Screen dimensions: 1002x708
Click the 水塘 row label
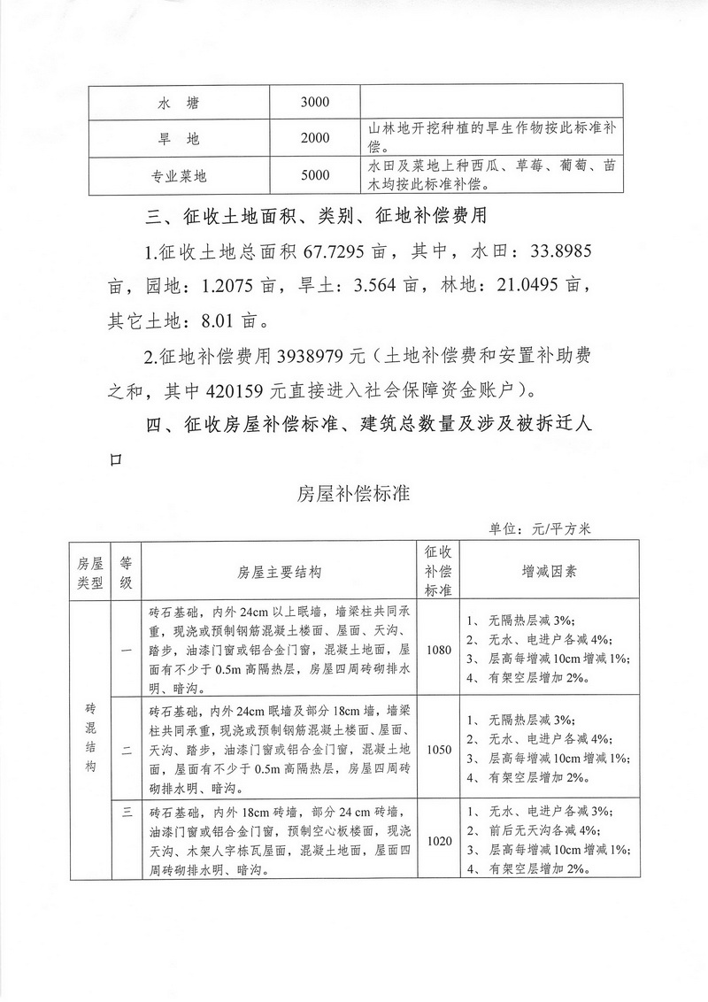[180, 103]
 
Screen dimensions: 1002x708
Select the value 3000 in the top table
[314, 103]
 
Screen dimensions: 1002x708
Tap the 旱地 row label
[180, 138]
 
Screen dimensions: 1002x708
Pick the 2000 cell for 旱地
[314, 138]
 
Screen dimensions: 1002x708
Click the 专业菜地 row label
[180, 176]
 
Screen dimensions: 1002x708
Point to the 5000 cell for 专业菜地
[314, 176]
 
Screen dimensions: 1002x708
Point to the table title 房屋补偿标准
[353, 494]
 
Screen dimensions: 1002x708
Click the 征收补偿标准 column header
[439, 571]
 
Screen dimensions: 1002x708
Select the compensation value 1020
[438, 840]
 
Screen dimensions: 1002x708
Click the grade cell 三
[126, 811]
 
